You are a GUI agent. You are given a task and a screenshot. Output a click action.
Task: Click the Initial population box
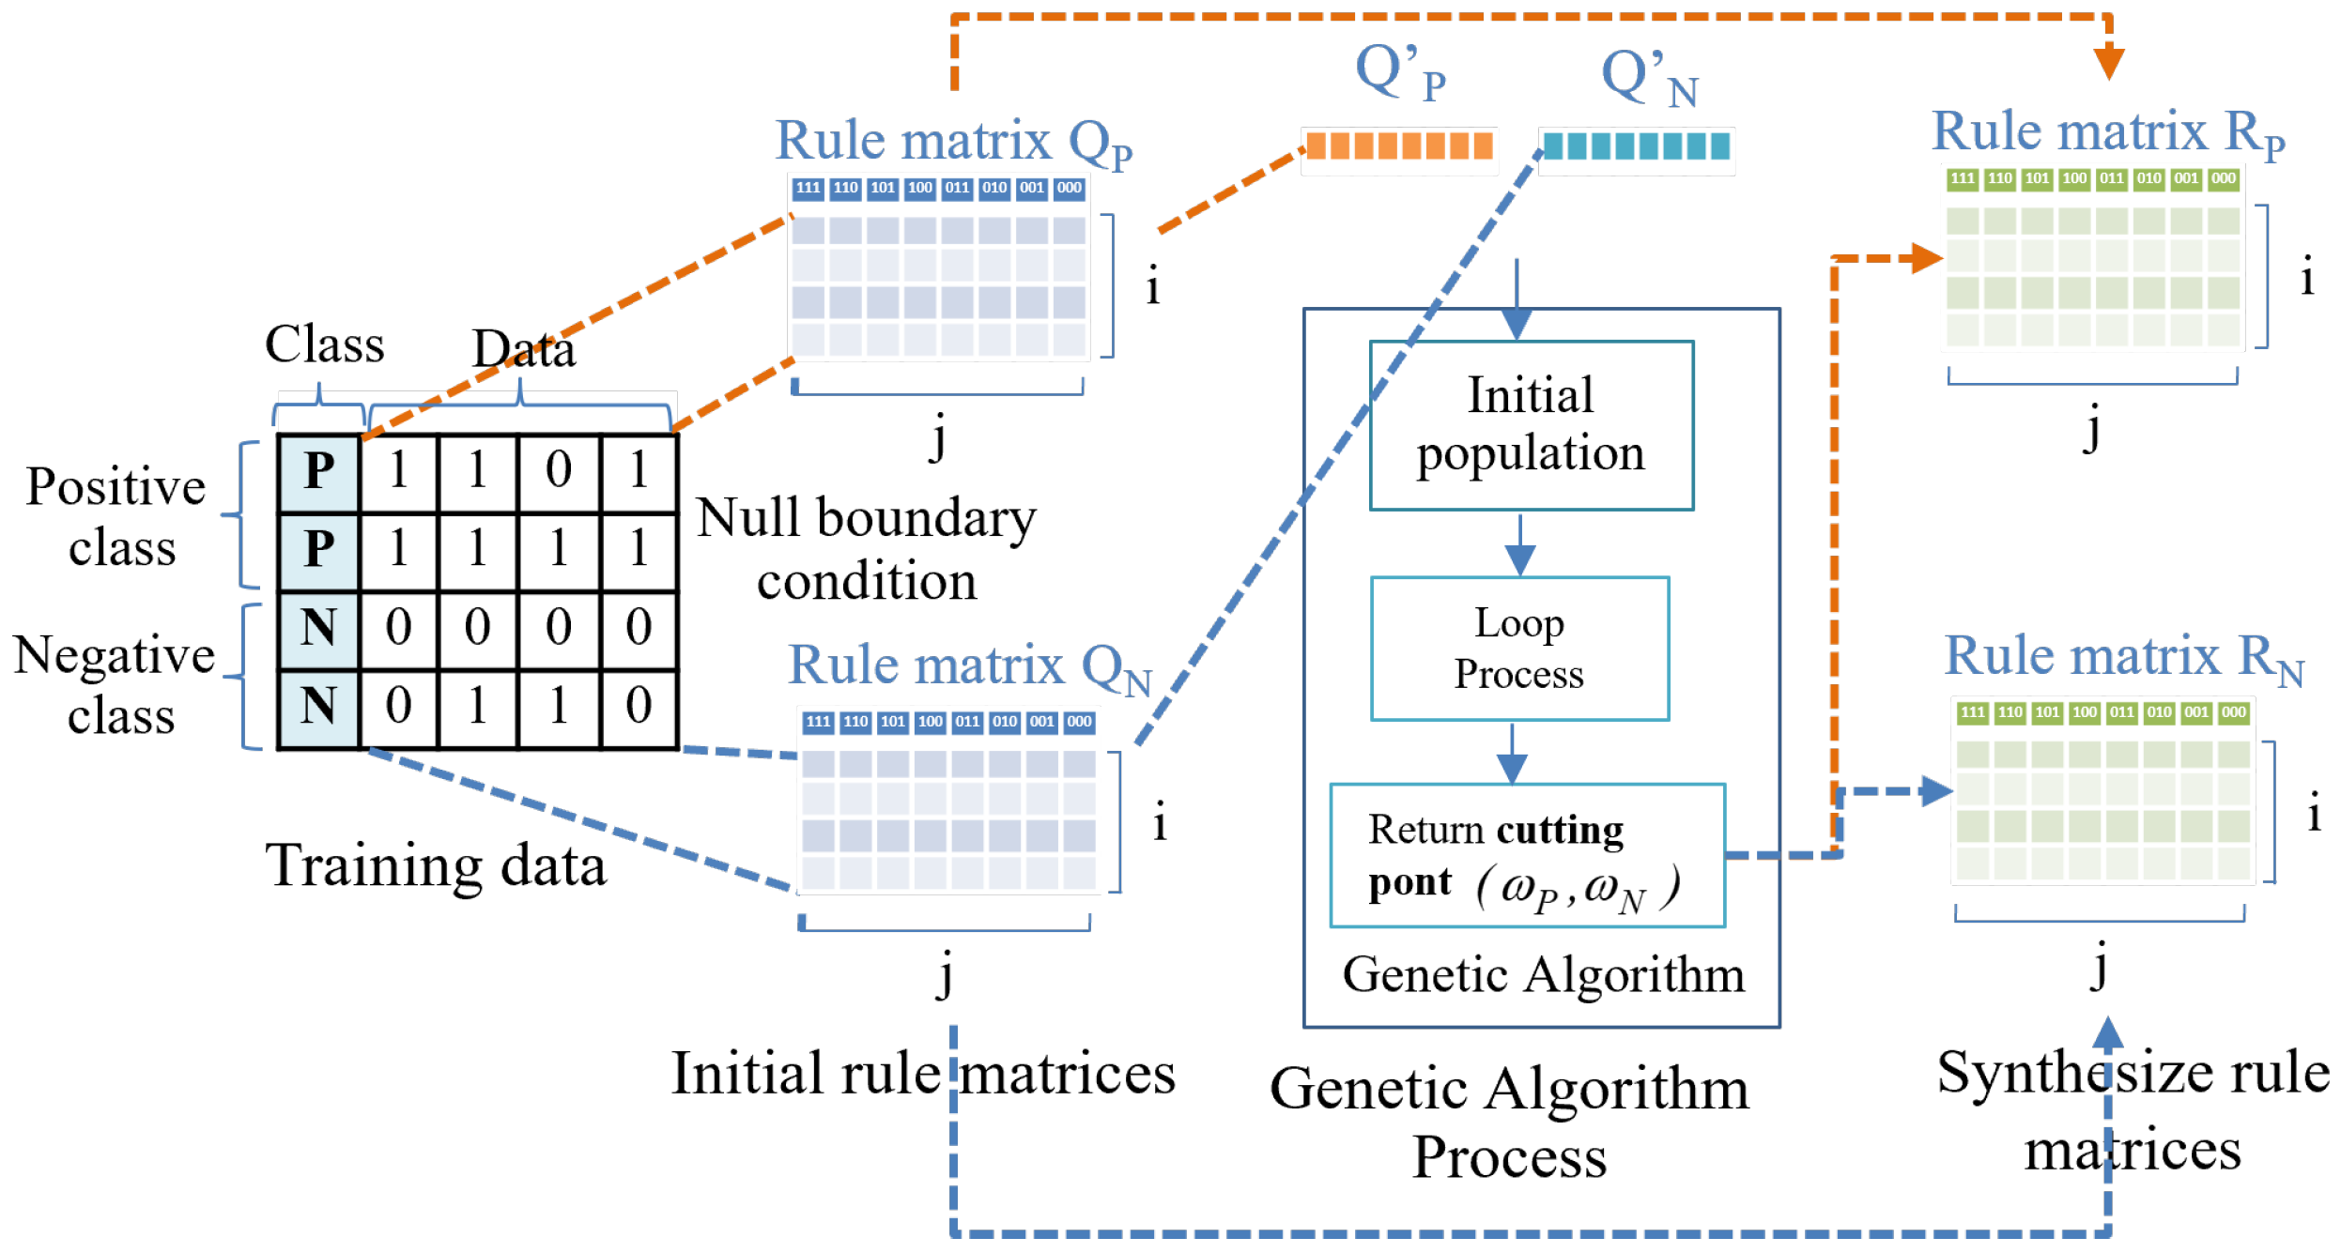[x=1531, y=425]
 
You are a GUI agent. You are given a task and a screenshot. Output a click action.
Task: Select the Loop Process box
[x=1519, y=649]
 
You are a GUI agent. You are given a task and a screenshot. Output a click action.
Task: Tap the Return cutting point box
[x=1527, y=855]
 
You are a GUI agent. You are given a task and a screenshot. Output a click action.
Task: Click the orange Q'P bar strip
[x=1399, y=146]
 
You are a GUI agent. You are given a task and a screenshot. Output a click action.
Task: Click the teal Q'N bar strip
[x=1636, y=146]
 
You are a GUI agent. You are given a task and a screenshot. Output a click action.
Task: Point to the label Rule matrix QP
[x=953, y=143]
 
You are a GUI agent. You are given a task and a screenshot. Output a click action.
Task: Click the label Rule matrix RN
[x=2122, y=657]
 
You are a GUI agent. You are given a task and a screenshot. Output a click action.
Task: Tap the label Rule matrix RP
[x=2107, y=132]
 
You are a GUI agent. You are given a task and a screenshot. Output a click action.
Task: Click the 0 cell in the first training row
[x=559, y=469]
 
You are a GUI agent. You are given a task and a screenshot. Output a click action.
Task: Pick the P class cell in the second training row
[x=319, y=548]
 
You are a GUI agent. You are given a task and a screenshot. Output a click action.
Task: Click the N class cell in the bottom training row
[x=319, y=706]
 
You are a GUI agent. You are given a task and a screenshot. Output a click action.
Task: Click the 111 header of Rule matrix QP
[x=808, y=188]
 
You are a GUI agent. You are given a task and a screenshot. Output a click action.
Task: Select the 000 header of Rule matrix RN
[x=2233, y=712]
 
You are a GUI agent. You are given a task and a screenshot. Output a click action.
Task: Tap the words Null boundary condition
[x=866, y=548]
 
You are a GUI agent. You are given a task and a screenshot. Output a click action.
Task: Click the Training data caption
[x=436, y=865]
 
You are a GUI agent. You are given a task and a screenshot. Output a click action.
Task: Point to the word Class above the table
[x=325, y=344]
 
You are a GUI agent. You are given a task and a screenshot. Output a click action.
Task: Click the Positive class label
[x=117, y=516]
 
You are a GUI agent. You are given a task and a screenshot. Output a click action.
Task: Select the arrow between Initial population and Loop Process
[x=1520, y=544]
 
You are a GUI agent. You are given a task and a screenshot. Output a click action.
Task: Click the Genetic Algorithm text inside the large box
[x=1543, y=975]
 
